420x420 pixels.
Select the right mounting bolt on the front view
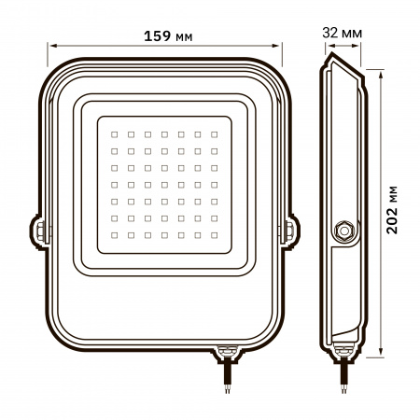(288, 229)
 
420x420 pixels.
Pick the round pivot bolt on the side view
(343, 230)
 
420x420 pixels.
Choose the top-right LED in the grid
(215, 132)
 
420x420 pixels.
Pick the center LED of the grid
(164, 182)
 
